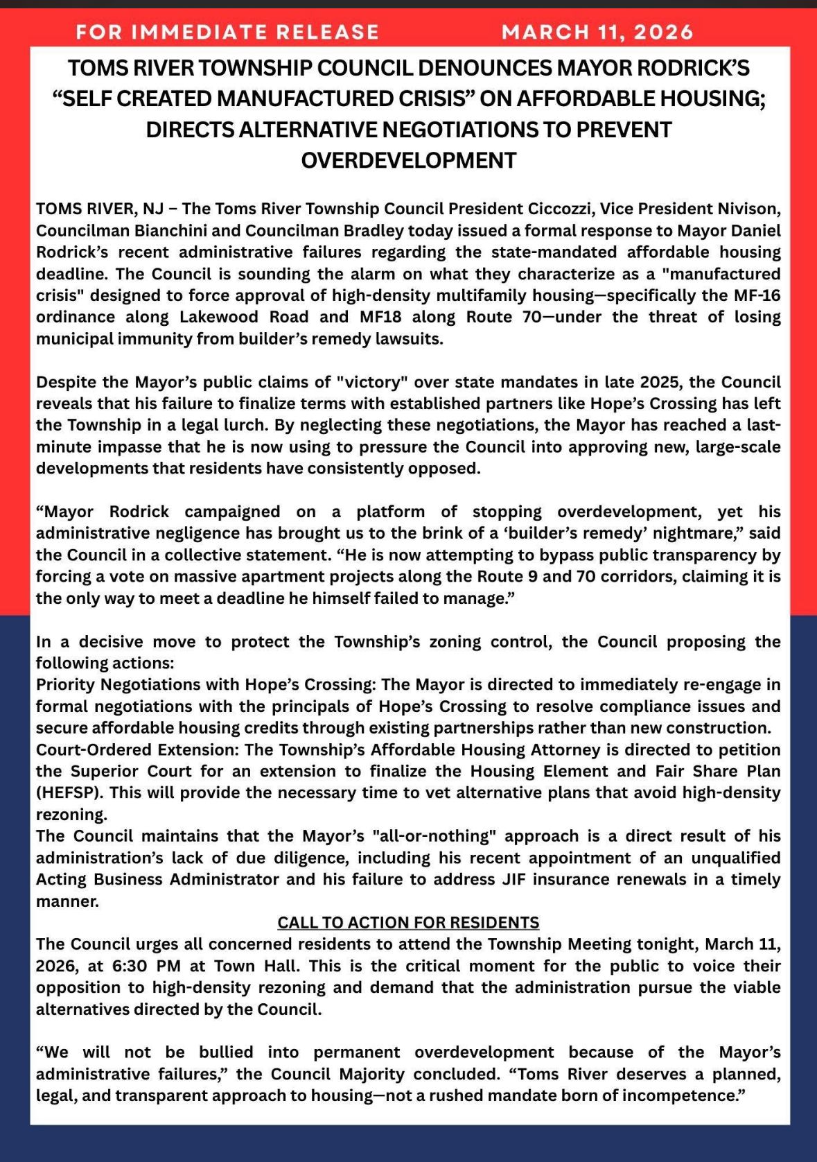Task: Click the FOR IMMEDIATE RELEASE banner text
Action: coord(227,32)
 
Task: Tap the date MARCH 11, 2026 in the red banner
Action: coord(597,32)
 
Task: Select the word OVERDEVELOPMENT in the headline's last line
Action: coord(408,160)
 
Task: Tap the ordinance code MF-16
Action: coord(756,295)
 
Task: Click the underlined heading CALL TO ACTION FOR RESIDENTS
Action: coord(408,923)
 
